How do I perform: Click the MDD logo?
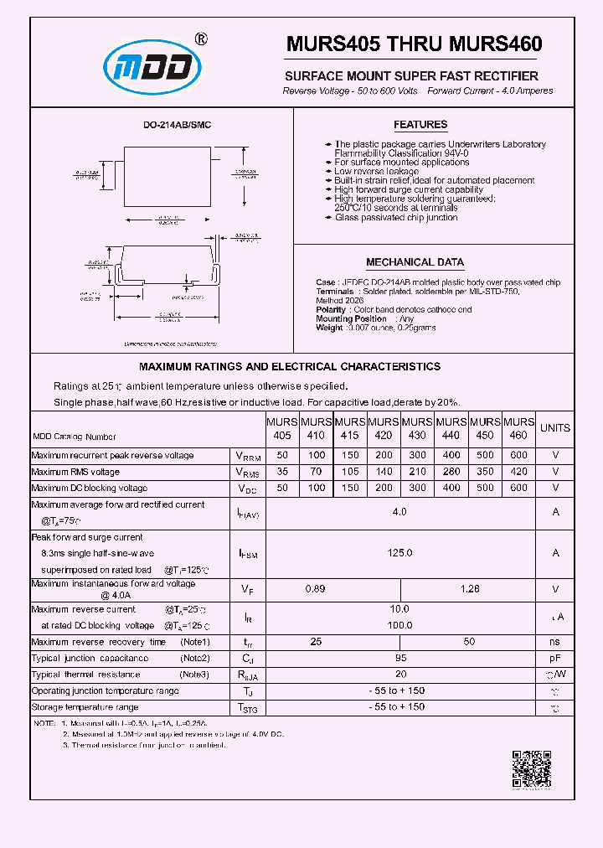pyautogui.click(x=152, y=68)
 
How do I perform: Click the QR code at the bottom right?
pyautogui.click(x=531, y=768)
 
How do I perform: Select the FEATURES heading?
pyautogui.click(x=420, y=125)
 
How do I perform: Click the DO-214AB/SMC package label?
pyautogui.click(x=177, y=125)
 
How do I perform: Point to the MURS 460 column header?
pyautogui.click(x=519, y=428)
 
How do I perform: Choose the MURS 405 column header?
pyautogui.click(x=282, y=428)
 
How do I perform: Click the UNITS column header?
pyautogui.click(x=554, y=428)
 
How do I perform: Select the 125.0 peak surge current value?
pyautogui.click(x=399, y=553)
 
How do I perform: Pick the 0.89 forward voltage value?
pyautogui.click(x=316, y=589)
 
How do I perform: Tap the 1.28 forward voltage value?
pyautogui.click(x=469, y=589)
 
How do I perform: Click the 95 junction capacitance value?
pyautogui.click(x=399, y=658)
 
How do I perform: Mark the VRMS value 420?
pyautogui.click(x=519, y=472)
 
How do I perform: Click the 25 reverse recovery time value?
pyautogui.click(x=316, y=642)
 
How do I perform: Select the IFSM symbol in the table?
pyautogui.click(x=247, y=554)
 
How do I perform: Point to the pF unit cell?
pyautogui.click(x=554, y=658)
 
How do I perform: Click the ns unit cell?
pyautogui.click(x=554, y=642)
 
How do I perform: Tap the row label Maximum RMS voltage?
pyautogui.click(x=75, y=472)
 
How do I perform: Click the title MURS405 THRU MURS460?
pyautogui.click(x=414, y=44)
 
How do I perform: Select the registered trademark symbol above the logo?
pyautogui.click(x=201, y=39)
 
